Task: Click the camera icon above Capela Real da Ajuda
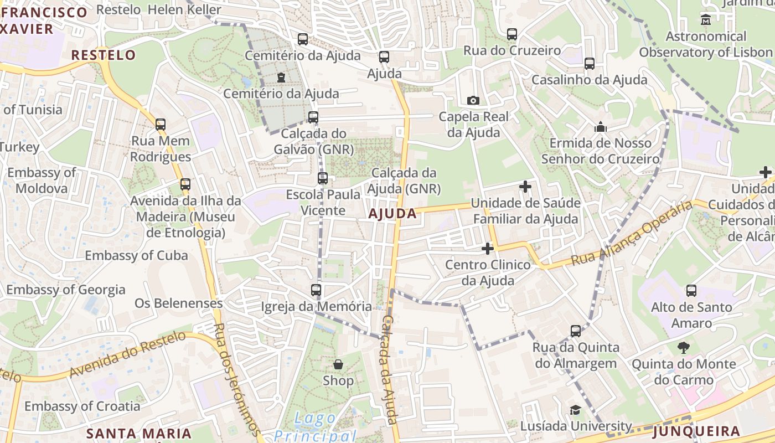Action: point(473,100)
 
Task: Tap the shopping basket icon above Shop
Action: point(338,364)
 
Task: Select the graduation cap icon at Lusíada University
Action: point(576,410)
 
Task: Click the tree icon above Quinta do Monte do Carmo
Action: point(684,348)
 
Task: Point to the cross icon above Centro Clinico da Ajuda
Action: point(487,249)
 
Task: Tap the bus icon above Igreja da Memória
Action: point(316,290)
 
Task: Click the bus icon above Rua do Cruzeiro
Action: point(512,34)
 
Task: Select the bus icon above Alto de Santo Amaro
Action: point(691,291)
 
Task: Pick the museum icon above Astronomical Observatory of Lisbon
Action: point(706,20)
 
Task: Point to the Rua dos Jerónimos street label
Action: point(236,379)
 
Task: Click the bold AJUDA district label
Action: point(392,214)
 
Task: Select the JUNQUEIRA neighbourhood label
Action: point(696,431)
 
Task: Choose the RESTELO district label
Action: point(104,55)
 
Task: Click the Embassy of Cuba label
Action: point(136,255)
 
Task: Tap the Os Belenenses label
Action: point(178,303)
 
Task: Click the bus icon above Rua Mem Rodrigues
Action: point(161,125)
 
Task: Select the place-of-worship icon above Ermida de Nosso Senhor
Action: point(601,127)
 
